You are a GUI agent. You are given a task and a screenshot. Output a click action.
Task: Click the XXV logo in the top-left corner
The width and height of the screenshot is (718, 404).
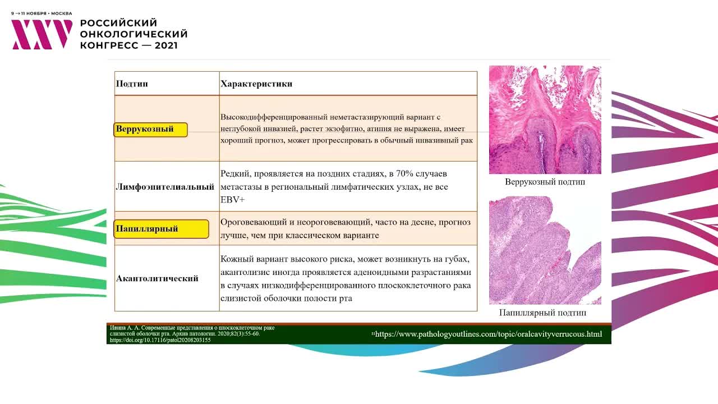pos(42,35)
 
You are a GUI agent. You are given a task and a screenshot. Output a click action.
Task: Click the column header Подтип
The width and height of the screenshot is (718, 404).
pos(132,84)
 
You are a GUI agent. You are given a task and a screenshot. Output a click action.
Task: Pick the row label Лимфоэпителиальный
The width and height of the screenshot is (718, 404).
pos(165,187)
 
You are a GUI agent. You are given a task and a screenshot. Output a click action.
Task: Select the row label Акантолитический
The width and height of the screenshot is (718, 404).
pos(157,279)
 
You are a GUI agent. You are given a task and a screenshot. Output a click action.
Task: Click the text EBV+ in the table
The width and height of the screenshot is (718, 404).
pos(232,200)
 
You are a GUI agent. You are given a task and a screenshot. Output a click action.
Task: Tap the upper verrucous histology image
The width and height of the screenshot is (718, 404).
pos(545,120)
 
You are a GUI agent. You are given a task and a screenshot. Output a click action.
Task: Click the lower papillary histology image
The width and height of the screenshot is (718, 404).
pos(545,250)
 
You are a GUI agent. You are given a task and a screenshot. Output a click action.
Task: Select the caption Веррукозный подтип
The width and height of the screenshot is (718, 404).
pos(545,182)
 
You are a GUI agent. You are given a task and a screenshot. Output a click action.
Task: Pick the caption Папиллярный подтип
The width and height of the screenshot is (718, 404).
pos(542,313)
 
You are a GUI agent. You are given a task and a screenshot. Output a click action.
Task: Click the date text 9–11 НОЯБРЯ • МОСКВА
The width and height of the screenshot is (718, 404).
pos(42,13)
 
